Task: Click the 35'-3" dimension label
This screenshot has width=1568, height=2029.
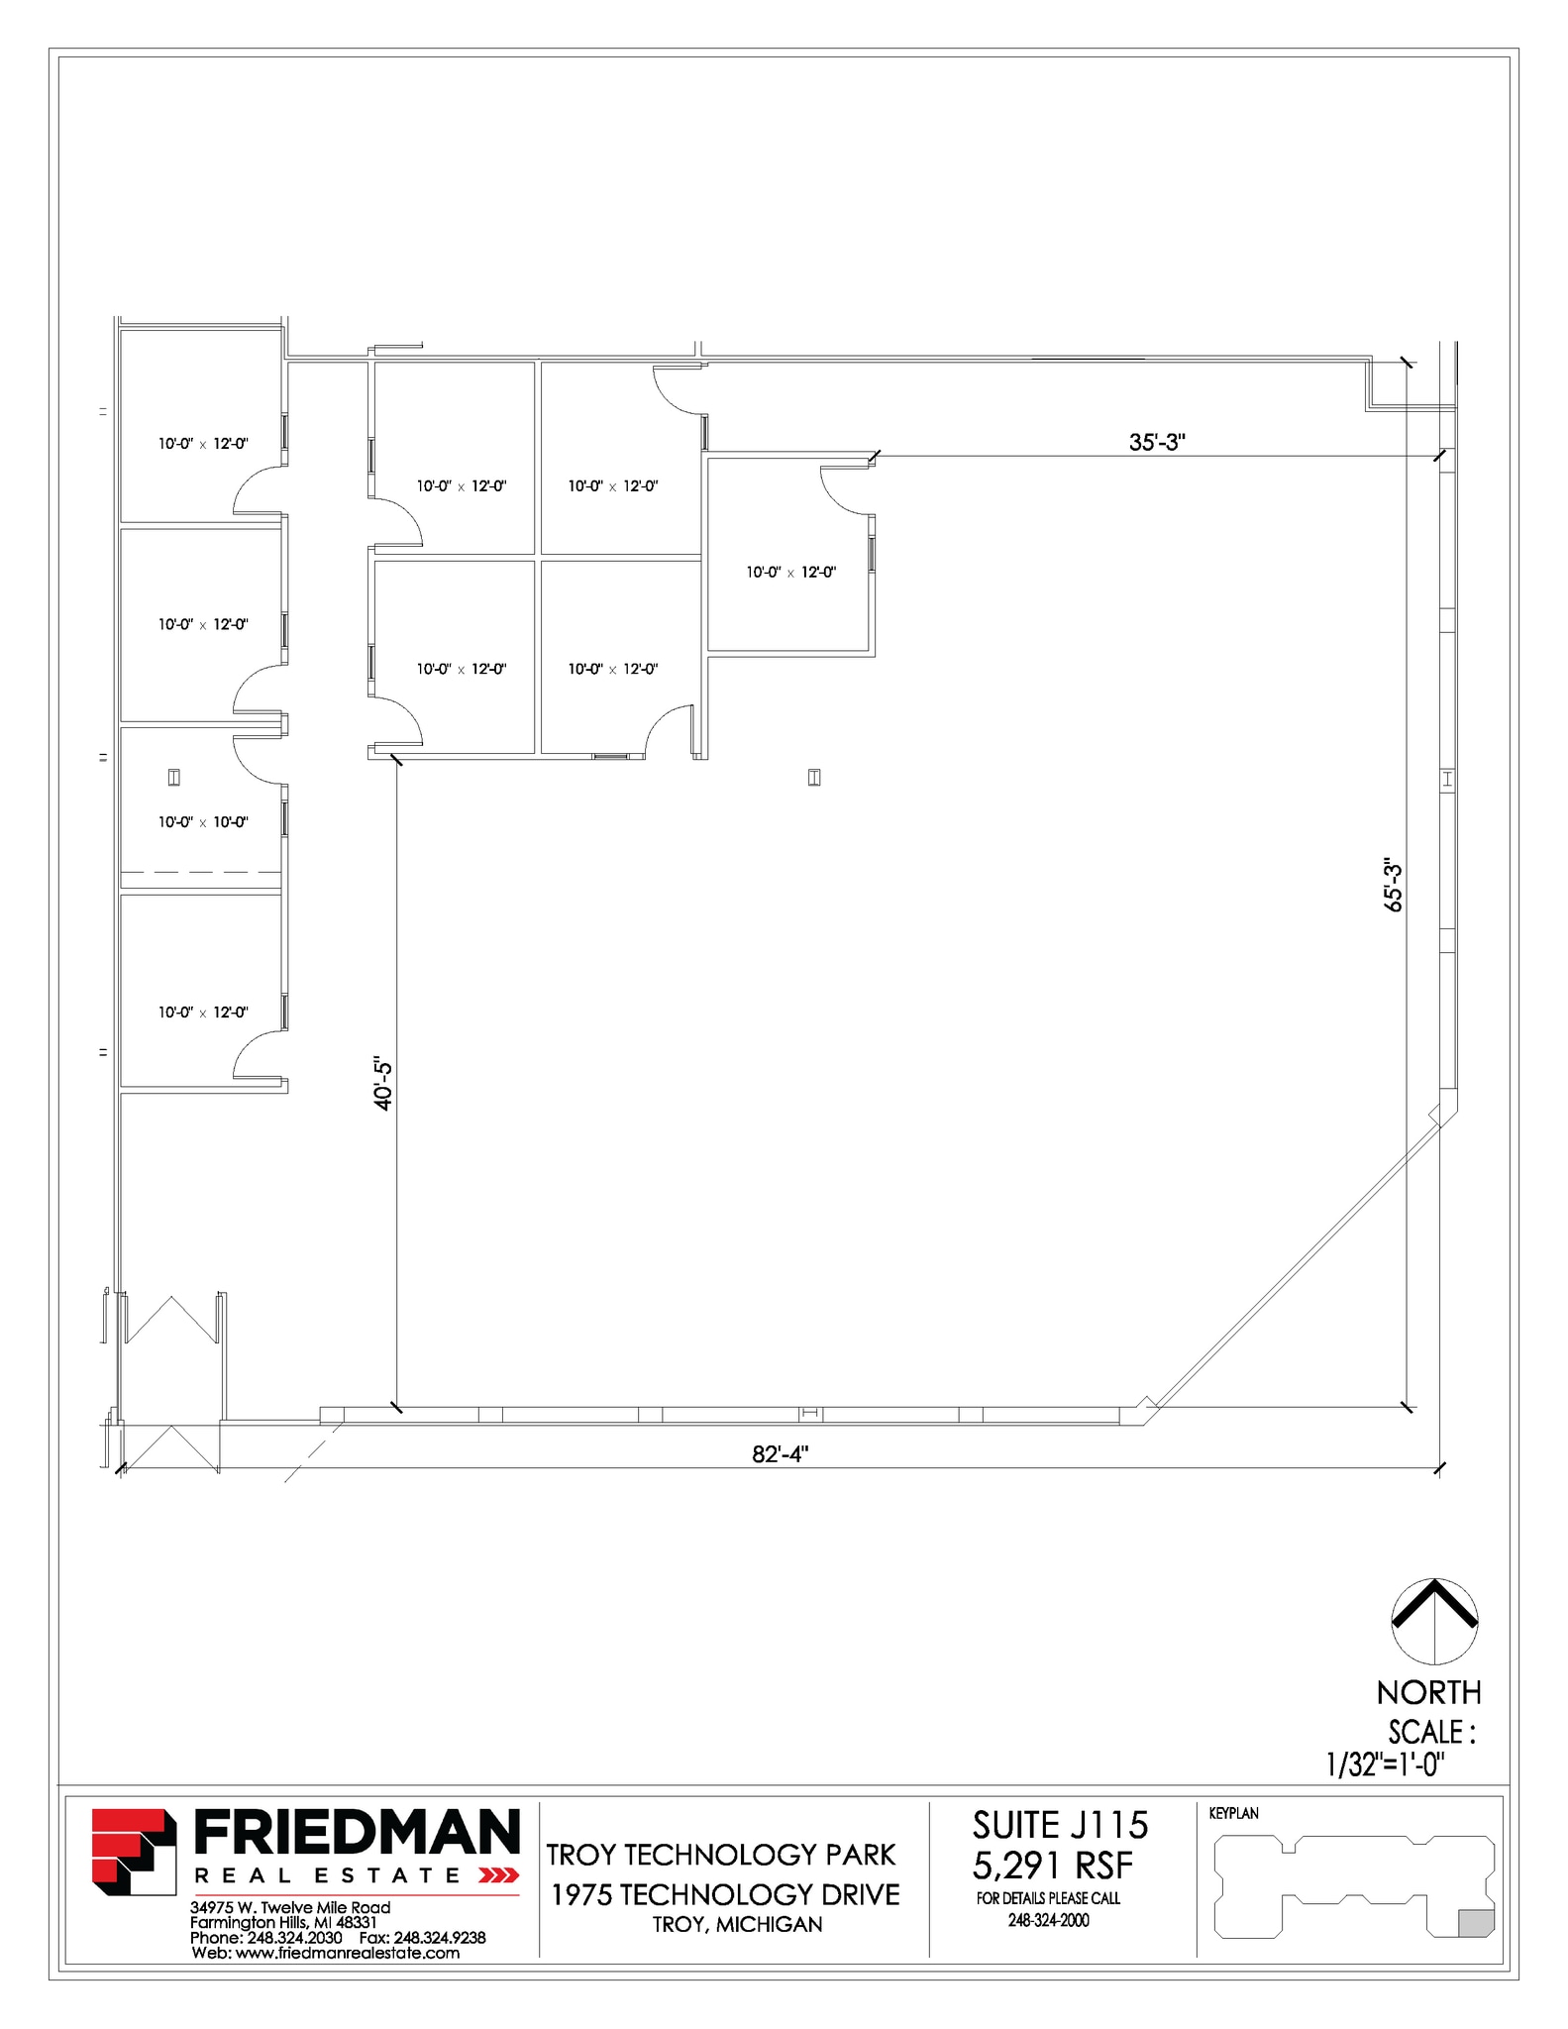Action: pos(1156,442)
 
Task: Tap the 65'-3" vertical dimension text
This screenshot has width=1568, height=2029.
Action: pos(1393,885)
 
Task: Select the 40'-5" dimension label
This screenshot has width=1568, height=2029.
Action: pos(383,1084)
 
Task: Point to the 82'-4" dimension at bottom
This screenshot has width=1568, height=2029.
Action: pos(780,1453)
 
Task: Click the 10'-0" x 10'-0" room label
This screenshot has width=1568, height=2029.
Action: pos(203,822)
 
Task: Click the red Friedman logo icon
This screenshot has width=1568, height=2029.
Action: pos(134,1852)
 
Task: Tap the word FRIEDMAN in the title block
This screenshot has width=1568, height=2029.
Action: pos(357,1833)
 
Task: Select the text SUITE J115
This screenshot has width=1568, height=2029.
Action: pos(1060,1825)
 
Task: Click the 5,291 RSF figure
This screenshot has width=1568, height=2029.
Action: pos(1052,1866)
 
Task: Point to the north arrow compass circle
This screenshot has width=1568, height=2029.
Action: pos(1434,1622)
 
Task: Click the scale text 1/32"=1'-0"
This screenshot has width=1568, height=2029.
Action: pos(1385,1764)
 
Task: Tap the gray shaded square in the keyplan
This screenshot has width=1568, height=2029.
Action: pos(1476,1923)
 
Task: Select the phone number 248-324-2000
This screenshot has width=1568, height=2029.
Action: pos(1048,1920)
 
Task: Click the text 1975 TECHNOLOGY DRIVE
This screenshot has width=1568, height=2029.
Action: pos(725,1894)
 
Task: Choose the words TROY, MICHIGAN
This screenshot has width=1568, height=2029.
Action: pos(737,1924)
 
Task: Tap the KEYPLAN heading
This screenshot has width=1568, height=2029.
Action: pos(1233,1813)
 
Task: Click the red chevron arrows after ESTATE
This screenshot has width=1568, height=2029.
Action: pos(498,1875)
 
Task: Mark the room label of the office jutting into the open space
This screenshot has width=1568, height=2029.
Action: pos(790,573)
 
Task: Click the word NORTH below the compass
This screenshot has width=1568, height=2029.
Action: pos(1428,1692)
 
